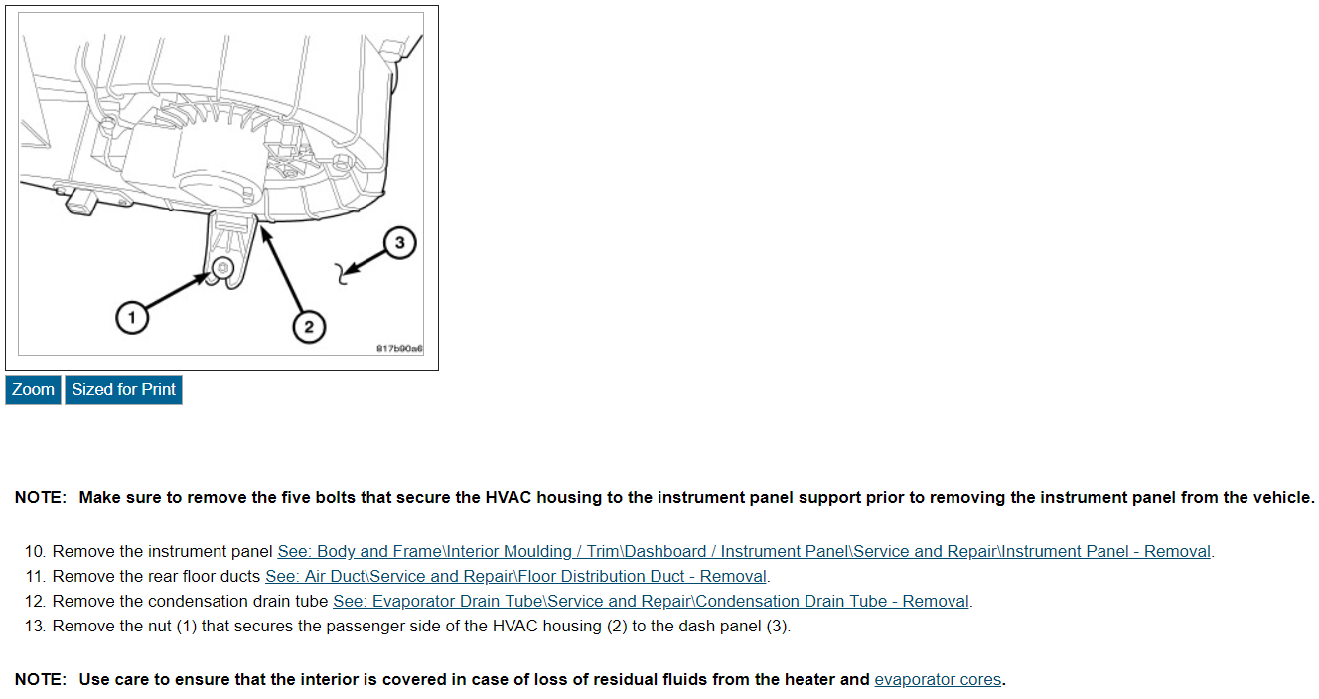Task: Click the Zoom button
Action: pos(33,390)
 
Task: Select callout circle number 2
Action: pos(308,326)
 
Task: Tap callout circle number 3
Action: pos(399,242)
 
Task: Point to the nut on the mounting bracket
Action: pos(222,268)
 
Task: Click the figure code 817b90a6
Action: pos(399,349)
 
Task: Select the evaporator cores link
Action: pos(938,680)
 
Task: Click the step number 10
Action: pos(35,551)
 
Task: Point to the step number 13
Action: pos(35,626)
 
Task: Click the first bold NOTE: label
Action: pos(40,498)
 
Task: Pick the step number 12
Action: pos(35,601)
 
